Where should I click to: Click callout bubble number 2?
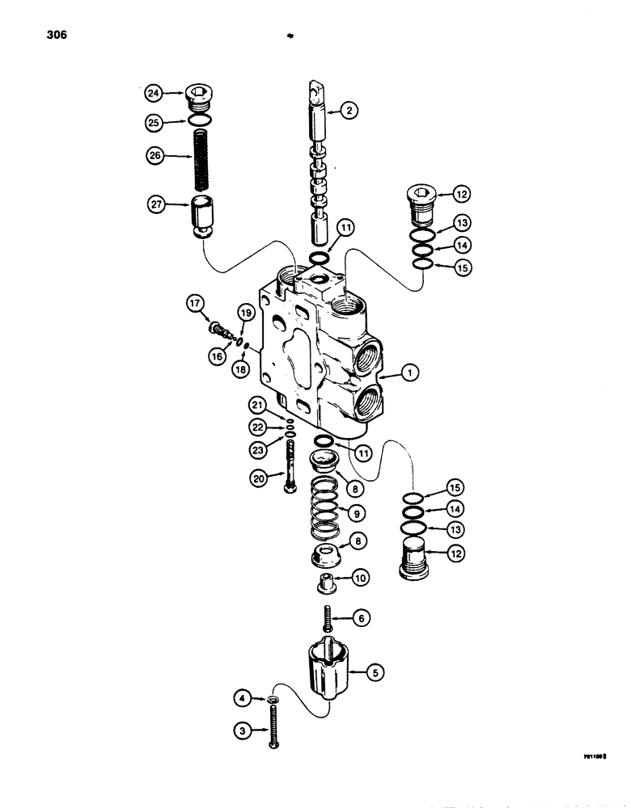point(347,113)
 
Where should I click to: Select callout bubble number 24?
point(153,94)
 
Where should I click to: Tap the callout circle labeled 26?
point(153,154)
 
